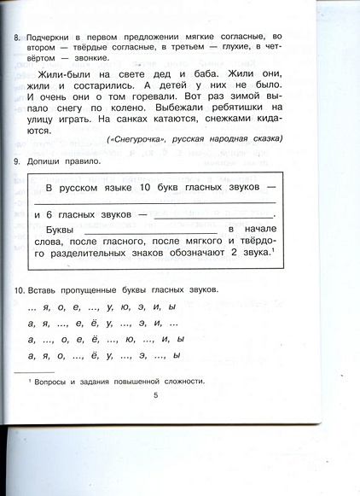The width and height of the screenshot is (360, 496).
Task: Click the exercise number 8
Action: [17, 38]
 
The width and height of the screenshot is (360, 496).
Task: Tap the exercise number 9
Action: [17, 161]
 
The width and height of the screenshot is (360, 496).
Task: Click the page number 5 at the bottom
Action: [156, 394]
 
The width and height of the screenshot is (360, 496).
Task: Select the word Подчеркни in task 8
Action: [52, 38]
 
